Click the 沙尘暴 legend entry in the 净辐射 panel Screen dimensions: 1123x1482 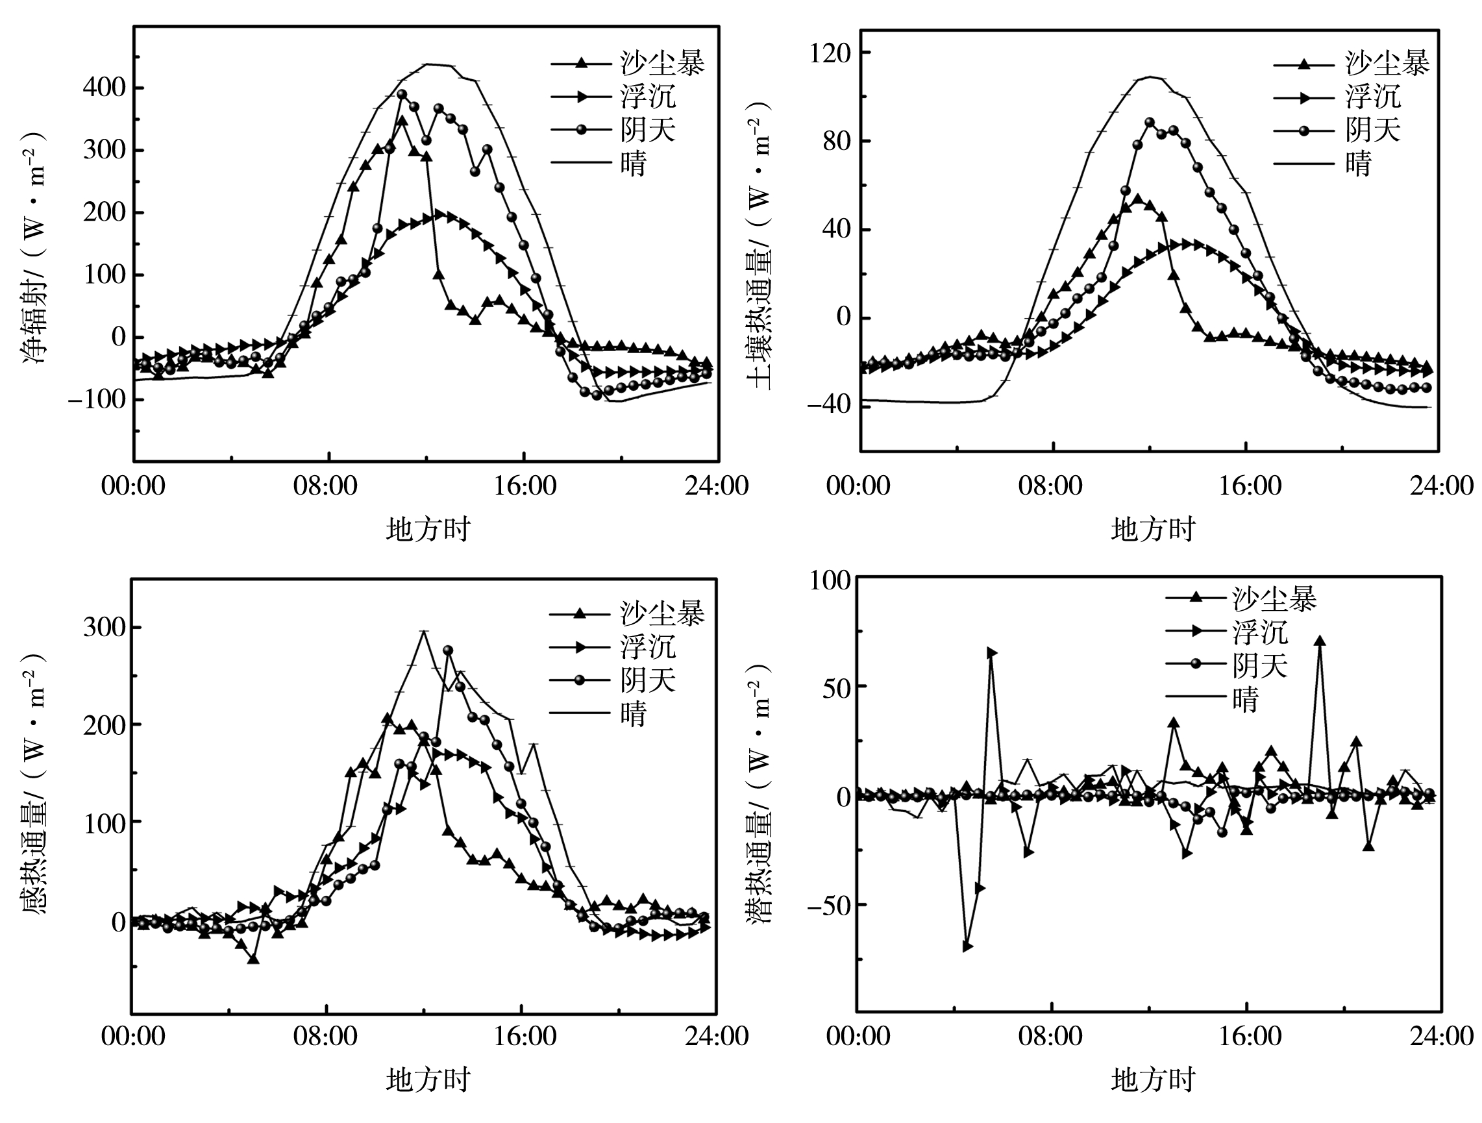(662, 64)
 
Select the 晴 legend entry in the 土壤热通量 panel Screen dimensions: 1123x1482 (1359, 164)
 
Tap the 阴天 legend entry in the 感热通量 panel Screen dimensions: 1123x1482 (647, 680)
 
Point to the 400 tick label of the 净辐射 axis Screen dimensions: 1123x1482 (104, 88)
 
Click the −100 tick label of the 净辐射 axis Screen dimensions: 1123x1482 (97, 399)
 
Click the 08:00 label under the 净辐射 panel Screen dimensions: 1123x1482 (326, 485)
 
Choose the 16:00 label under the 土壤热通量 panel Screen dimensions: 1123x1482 (1250, 485)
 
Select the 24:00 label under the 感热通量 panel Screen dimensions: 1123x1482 (716, 1036)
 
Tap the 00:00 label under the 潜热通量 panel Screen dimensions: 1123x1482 (858, 1036)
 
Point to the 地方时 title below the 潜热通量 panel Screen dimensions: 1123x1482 (1153, 1080)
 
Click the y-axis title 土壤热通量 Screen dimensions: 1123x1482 (760, 248)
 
